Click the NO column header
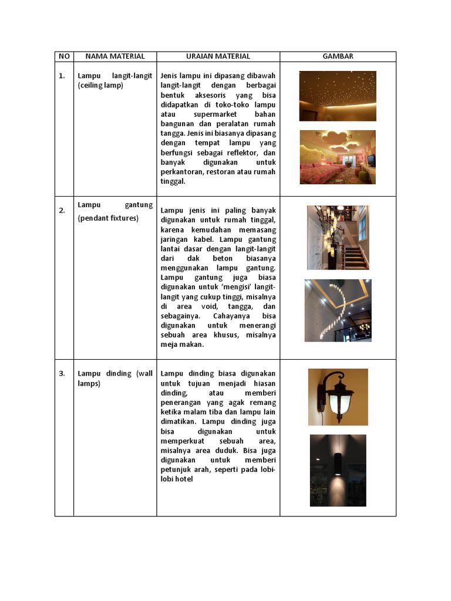pyautogui.click(x=64, y=56)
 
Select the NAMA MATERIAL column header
pyautogui.click(x=115, y=56)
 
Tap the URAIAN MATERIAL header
pyautogui.click(x=218, y=56)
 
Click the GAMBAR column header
pyautogui.click(x=338, y=56)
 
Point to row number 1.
pyautogui.click(x=62, y=76)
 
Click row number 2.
pyautogui.click(x=62, y=211)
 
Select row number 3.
pyautogui.click(x=62, y=374)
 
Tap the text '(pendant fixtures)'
pyautogui.click(x=108, y=218)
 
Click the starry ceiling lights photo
pyautogui.click(x=338, y=96)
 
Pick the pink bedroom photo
pyautogui.click(x=338, y=157)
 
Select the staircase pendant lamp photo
pyautogui.click(x=338, y=237)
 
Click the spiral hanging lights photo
pyautogui.click(x=338, y=310)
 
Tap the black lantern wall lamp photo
pyautogui.click(x=338, y=397)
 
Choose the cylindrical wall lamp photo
pyautogui.click(x=338, y=470)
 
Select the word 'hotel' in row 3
pyautogui.click(x=183, y=479)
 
